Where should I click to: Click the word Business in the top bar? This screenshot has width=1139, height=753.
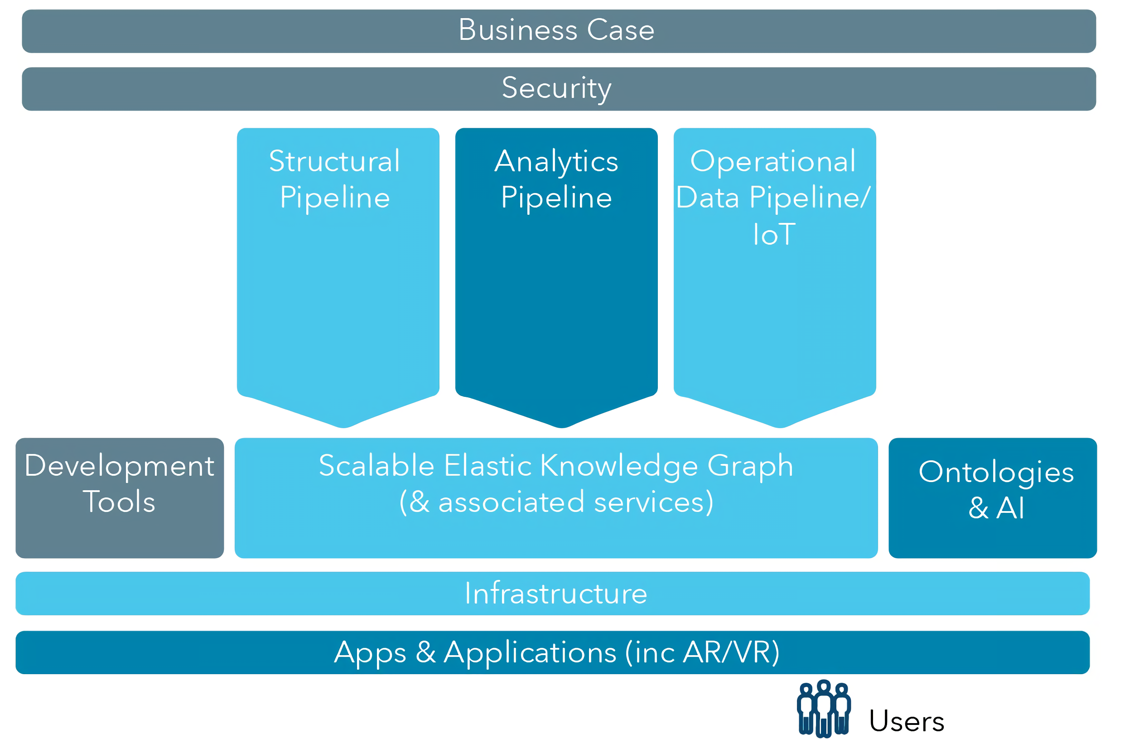518,30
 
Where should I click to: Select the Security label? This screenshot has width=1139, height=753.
556,88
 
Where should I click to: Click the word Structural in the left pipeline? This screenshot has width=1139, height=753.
335,161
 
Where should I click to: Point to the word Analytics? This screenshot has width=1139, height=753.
556,161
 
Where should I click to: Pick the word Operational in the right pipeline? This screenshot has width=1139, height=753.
773,161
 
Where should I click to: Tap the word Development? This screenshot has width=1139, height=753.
120,466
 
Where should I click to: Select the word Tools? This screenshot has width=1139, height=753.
119,502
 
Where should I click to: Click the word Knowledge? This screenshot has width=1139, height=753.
619,466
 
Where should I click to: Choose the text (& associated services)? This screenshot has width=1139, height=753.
556,502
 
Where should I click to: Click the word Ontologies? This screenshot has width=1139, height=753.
996,472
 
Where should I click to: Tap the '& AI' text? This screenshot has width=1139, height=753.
996,508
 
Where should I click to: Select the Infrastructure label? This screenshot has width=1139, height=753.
556,594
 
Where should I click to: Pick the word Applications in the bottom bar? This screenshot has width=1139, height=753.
530,652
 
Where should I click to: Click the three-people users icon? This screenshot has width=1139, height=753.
824,709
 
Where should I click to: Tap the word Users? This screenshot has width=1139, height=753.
907,721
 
